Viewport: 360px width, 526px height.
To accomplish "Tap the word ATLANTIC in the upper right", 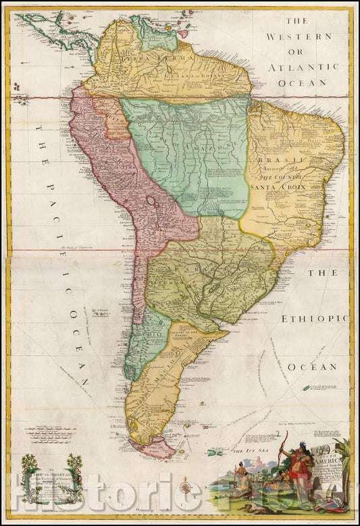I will (302, 67).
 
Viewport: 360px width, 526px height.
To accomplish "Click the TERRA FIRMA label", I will (138, 58).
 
